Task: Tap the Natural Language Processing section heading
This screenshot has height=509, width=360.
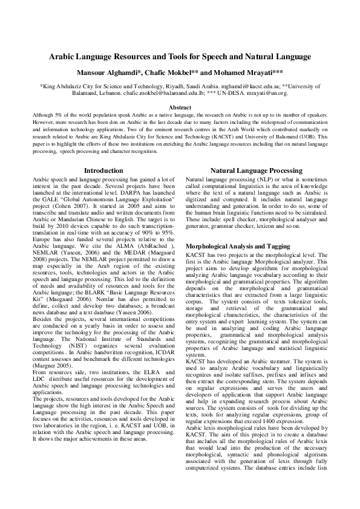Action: point(255,171)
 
